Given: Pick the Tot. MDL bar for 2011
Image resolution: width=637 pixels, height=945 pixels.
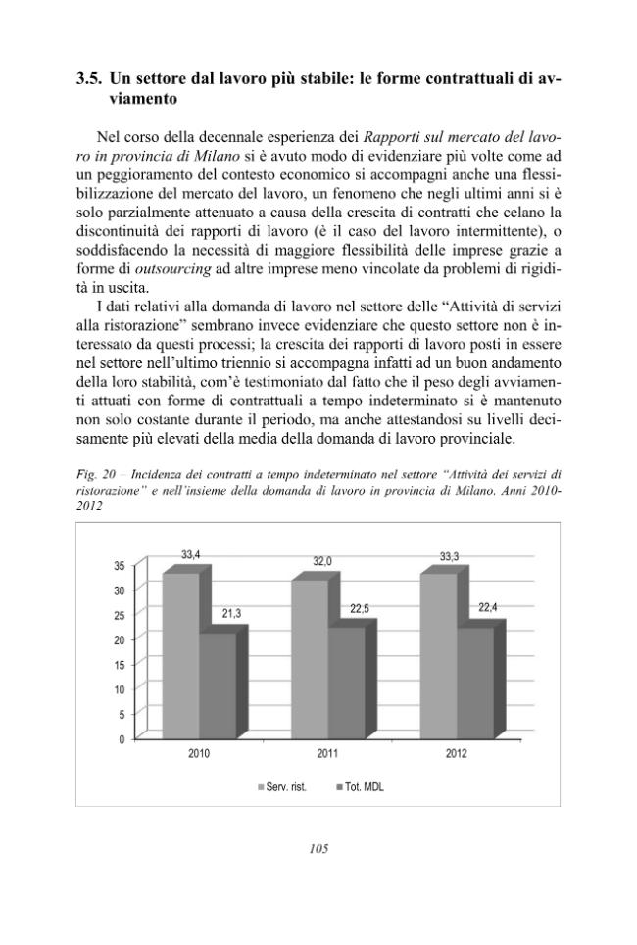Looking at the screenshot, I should coord(347,681).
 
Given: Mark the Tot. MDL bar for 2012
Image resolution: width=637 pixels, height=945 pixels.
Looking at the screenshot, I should coord(475,681).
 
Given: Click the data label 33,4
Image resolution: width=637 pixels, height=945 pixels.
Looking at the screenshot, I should coord(191,555).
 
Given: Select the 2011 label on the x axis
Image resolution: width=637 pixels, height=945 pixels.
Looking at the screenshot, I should coord(328,754).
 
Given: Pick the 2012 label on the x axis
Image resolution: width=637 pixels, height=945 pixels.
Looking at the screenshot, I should coord(456,754).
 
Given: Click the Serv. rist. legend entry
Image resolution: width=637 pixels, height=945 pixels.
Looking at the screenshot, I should coord(281,786).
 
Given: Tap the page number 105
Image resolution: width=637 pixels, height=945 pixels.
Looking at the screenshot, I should coord(318,849).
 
